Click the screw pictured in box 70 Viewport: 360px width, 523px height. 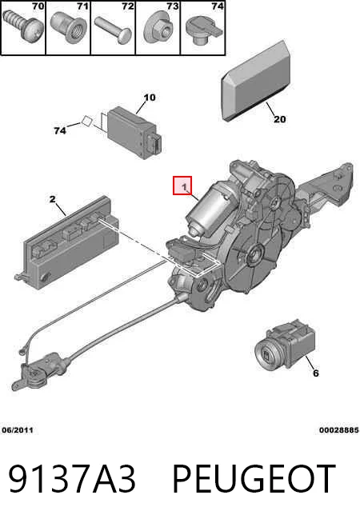(x=22, y=27)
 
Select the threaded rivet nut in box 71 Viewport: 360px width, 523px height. (x=68, y=29)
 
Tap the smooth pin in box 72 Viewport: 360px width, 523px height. (x=113, y=30)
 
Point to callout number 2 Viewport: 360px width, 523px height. (x=52, y=199)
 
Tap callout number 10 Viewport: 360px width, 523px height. (x=150, y=98)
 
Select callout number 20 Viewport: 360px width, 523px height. (x=279, y=119)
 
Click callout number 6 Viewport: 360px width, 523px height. (x=316, y=373)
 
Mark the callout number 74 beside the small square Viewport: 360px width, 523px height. (x=60, y=131)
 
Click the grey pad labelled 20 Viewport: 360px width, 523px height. (x=255, y=81)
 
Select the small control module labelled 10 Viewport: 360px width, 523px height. (x=134, y=133)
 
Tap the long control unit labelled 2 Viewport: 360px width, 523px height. (x=67, y=242)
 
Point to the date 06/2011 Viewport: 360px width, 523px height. (x=18, y=430)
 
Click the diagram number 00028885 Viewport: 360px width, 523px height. (x=338, y=430)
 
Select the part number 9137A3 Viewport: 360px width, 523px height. (x=72, y=479)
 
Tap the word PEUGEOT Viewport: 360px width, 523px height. (x=254, y=479)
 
